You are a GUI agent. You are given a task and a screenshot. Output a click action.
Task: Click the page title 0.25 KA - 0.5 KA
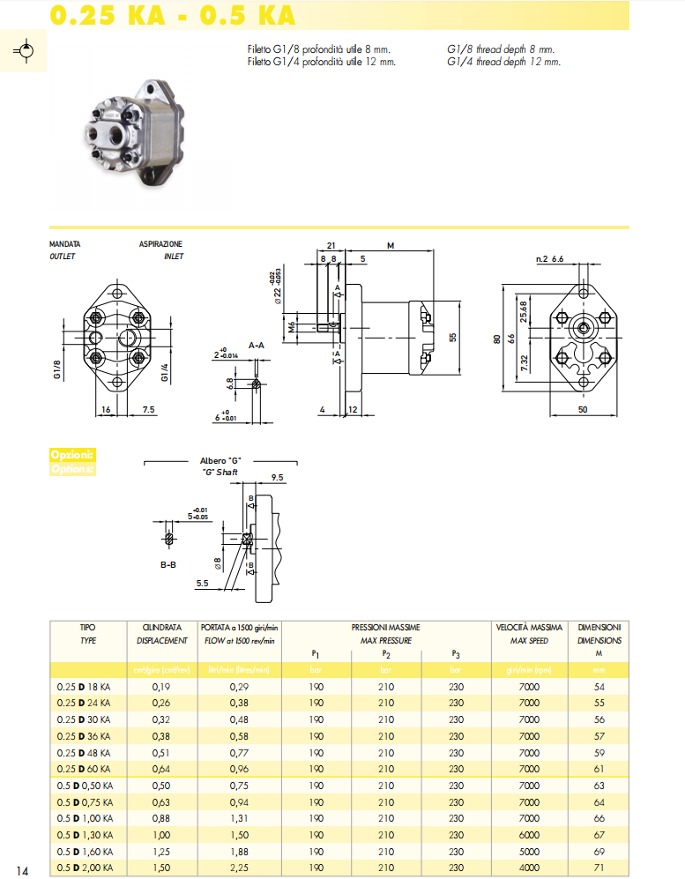pos(172,15)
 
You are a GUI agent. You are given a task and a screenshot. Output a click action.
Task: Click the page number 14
pos(23,871)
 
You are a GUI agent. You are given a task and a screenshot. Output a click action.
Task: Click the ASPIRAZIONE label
pos(160,243)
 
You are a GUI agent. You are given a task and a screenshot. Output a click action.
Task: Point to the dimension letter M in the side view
pos(390,246)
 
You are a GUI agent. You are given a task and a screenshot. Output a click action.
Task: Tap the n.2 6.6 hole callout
pos(549,259)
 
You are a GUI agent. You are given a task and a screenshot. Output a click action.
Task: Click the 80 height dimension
pos(496,338)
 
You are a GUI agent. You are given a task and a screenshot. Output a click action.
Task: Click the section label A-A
pos(257,345)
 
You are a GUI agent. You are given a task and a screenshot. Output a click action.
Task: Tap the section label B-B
pos(168,563)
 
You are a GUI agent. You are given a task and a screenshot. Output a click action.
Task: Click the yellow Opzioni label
pos(71,455)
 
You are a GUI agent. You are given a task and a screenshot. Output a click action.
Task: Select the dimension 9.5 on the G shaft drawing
pos(277,477)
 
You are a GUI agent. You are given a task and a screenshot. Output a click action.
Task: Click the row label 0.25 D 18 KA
pos(84,686)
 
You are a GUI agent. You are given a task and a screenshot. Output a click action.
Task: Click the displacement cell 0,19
pos(160,686)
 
